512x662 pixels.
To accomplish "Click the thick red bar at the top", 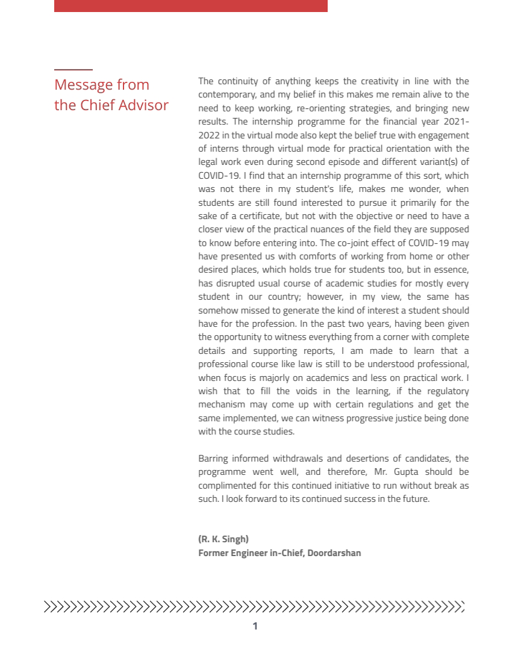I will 190,5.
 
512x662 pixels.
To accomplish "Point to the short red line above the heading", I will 73,70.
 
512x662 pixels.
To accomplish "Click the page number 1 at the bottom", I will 255,626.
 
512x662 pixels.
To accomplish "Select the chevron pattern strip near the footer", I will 254,606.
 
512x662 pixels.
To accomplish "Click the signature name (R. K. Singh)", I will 223,539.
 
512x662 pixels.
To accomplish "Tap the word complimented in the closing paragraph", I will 225,485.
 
